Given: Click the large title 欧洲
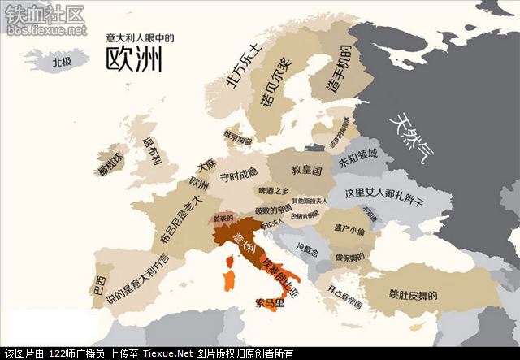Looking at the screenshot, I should click(133, 59).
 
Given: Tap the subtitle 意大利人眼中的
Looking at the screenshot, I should click(140, 37).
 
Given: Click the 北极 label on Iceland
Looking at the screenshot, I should click(62, 60).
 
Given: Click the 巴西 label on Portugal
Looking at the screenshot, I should click(99, 287).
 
